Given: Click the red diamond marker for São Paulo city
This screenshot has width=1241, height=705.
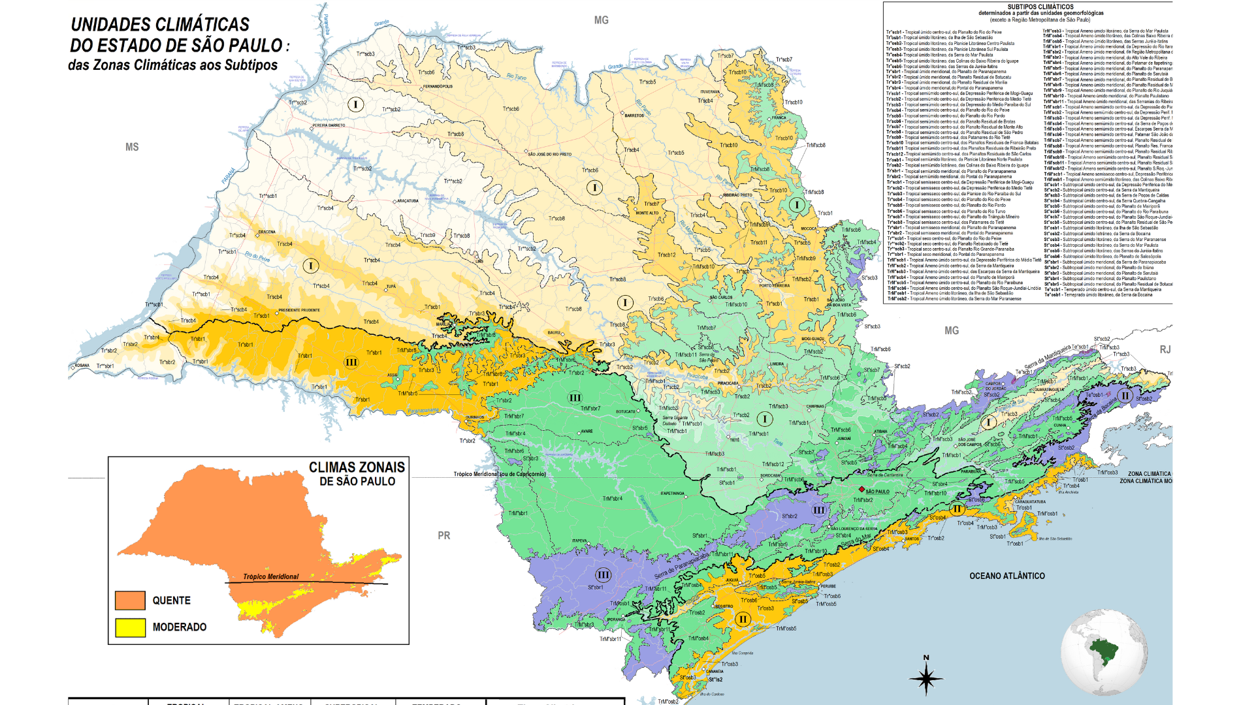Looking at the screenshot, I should tap(862, 489).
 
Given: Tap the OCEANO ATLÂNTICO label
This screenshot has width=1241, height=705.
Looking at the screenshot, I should tap(1007, 576).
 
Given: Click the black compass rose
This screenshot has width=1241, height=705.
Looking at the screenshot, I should tap(926, 678).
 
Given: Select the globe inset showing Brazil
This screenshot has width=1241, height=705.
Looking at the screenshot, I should tap(1104, 651).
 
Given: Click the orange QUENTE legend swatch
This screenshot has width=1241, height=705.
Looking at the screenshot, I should tap(130, 601).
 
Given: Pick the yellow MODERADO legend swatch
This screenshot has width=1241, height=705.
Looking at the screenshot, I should tap(130, 627).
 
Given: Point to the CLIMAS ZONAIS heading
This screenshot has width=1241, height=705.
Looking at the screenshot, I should tap(357, 467).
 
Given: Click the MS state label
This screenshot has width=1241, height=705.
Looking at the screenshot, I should tap(132, 148).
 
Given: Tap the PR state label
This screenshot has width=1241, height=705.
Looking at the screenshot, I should tap(444, 535).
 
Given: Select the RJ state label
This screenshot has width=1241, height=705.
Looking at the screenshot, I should tap(1165, 350).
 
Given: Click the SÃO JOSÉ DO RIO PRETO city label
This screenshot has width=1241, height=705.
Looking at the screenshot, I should tap(549, 155).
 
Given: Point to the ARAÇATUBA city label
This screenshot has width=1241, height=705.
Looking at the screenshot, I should tap(408, 201).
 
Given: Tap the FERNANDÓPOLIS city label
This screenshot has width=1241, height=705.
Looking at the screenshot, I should tap(438, 86).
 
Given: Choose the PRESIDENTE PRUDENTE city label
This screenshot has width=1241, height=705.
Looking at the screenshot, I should tap(299, 310).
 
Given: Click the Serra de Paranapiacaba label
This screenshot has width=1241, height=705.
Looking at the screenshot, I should tap(681, 565).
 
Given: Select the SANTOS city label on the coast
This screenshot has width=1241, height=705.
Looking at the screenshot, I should tap(912, 539).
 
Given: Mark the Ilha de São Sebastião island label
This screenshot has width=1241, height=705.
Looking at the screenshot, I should tap(1054, 539).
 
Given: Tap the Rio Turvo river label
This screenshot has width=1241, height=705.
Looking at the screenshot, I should tap(516, 76).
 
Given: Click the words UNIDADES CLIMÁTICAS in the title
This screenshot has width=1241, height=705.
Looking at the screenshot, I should tap(160, 25).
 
